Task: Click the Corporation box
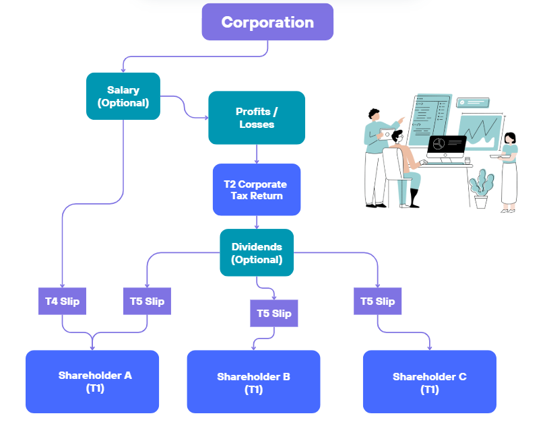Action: pos(267,22)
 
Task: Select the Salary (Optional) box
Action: pos(123,96)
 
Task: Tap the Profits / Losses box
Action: pos(257,118)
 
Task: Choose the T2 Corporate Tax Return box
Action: pos(257,190)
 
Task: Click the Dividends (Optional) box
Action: pos(257,252)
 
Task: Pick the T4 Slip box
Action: pos(62,301)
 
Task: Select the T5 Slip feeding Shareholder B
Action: pos(274,313)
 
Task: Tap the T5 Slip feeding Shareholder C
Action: pos(377,301)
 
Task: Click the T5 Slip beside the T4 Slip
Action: pos(148,301)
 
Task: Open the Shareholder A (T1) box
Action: pos(92,382)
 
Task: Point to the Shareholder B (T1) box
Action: pos(253,382)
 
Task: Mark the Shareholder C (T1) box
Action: pos(430,382)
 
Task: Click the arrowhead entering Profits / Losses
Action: pos(207,118)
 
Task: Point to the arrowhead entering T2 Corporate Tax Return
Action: pos(257,162)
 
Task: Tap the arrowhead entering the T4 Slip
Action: pos(62,286)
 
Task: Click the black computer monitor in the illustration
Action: pos(447,147)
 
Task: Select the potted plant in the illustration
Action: pos(482,188)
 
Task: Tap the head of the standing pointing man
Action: pos(374,114)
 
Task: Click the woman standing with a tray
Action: pos(509,172)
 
